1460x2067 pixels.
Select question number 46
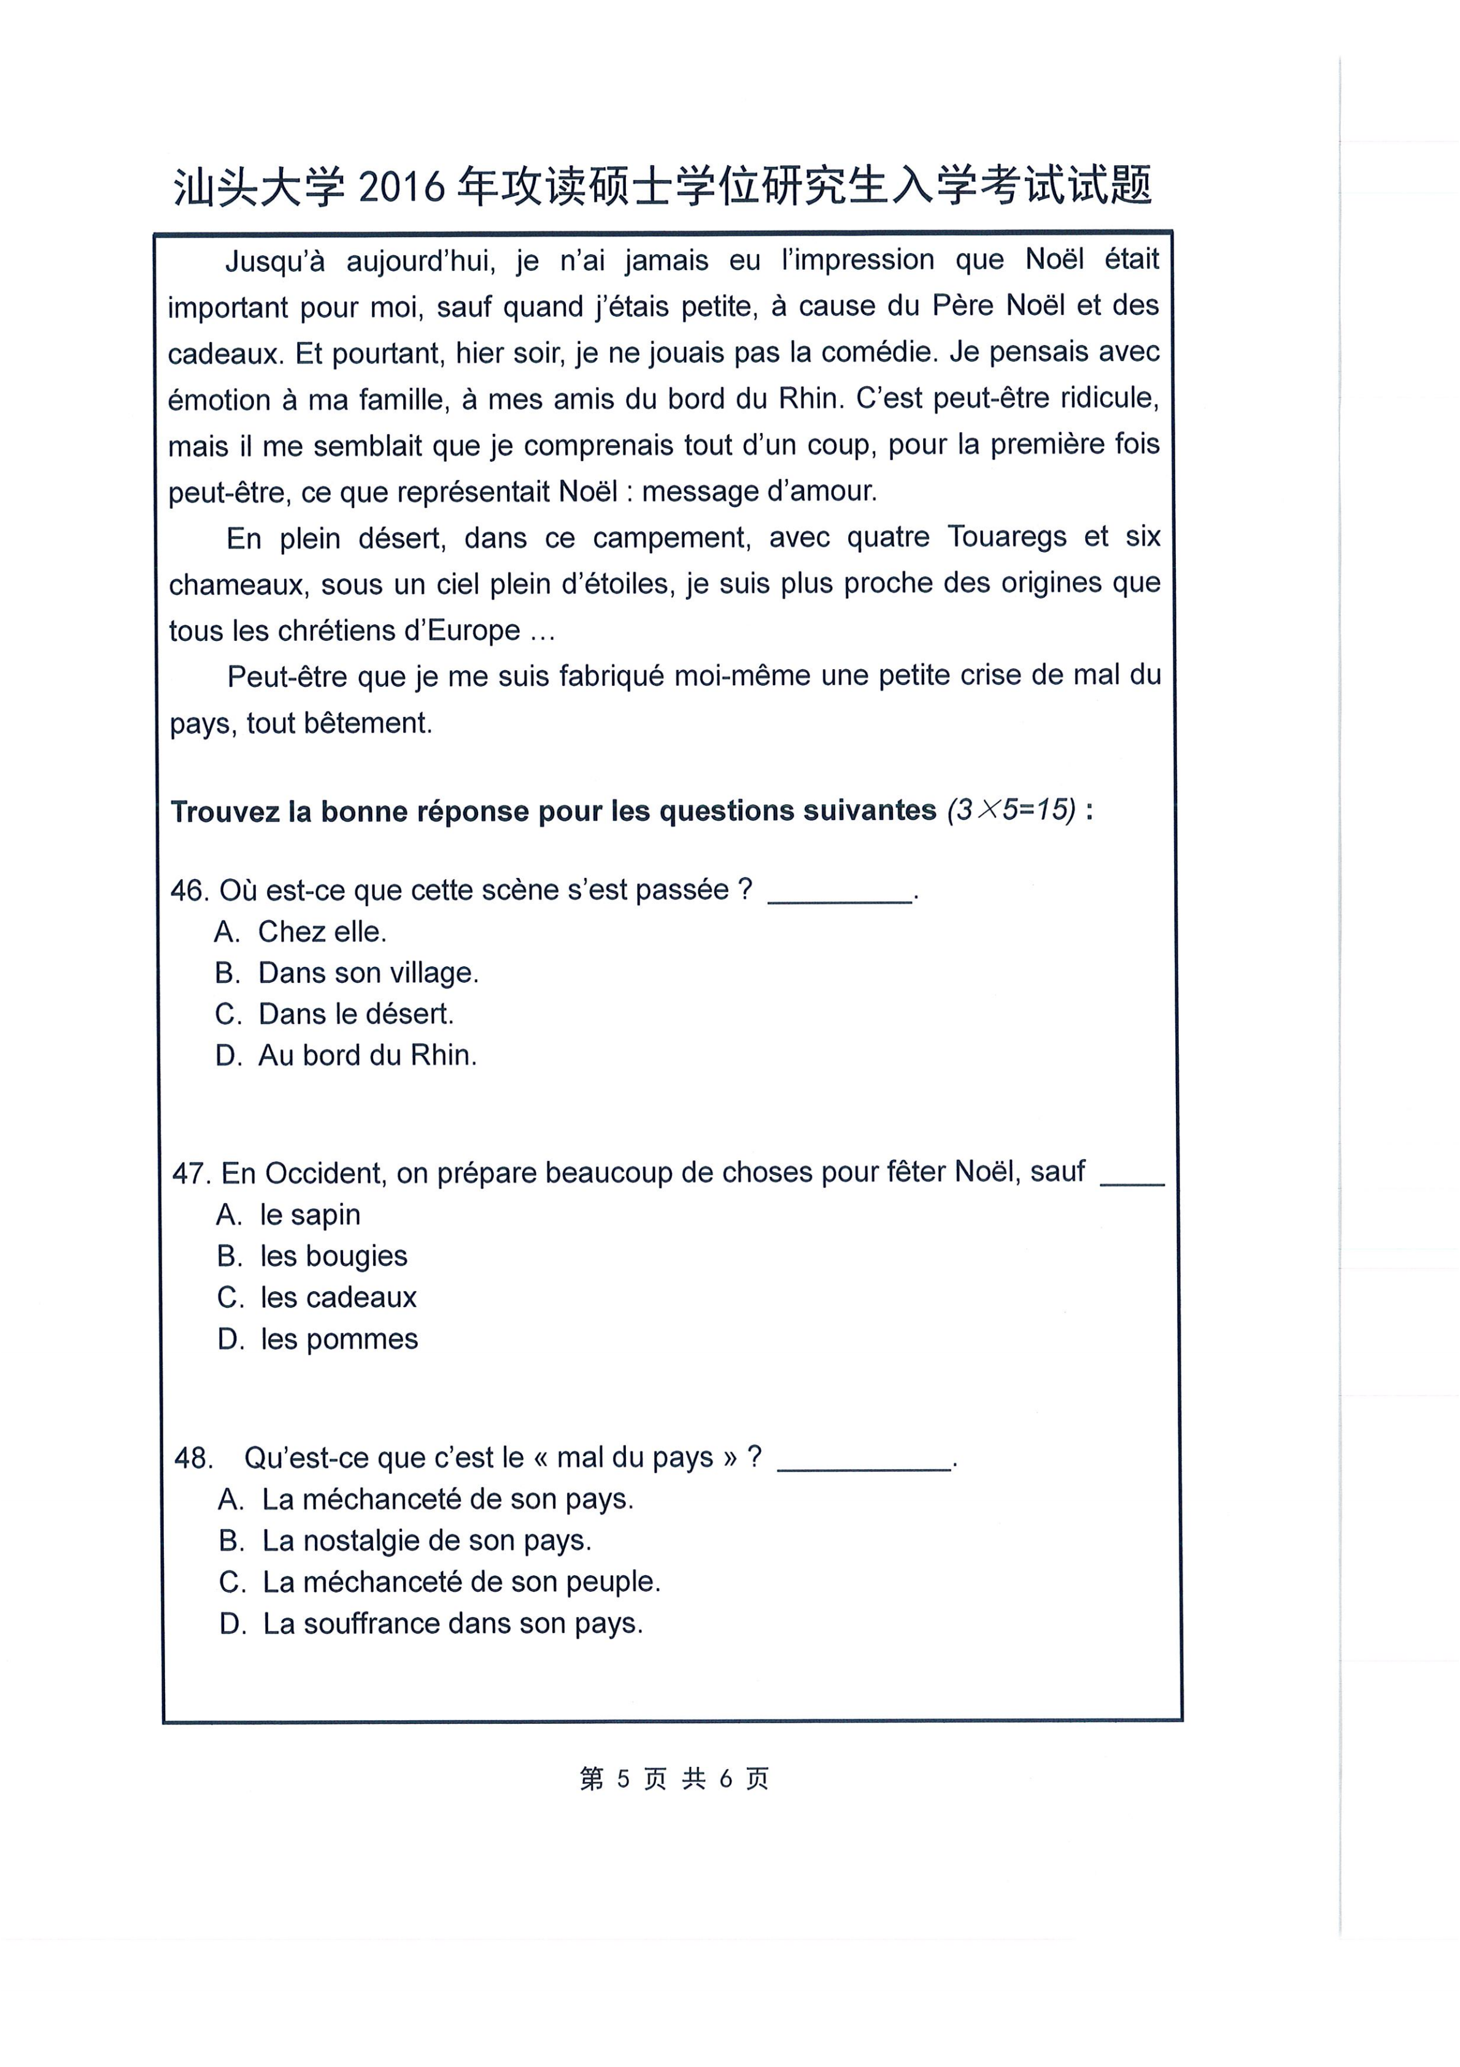click(189, 890)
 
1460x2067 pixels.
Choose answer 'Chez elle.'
click(322, 932)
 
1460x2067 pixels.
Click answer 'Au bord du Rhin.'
click(367, 1055)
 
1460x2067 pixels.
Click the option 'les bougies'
click(333, 1257)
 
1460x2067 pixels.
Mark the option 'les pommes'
click(338, 1340)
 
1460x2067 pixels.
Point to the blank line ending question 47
click(1132, 1181)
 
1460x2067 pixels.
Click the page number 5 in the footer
click(623, 1779)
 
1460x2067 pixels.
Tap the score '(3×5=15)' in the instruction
click(1011, 810)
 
